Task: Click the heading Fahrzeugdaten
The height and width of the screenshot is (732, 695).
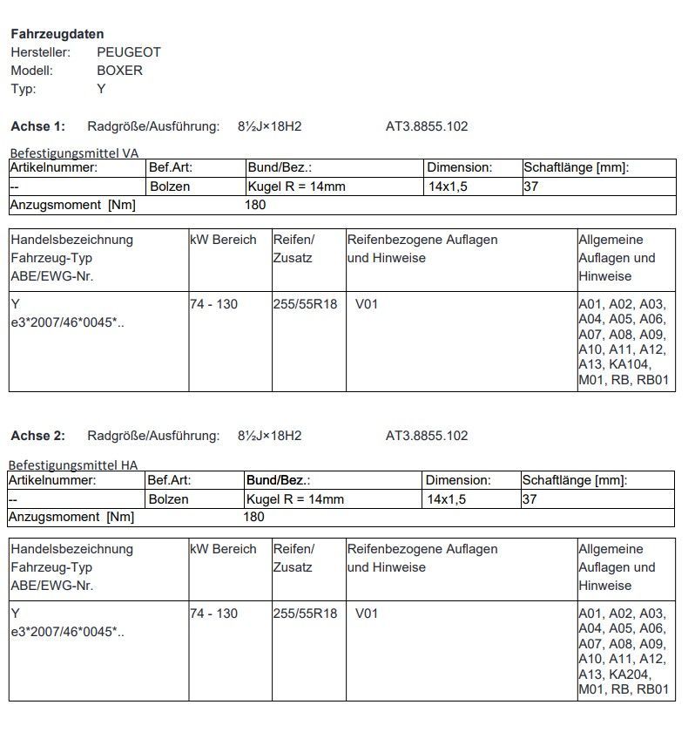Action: pos(57,34)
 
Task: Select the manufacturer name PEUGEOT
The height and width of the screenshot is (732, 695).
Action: pos(129,52)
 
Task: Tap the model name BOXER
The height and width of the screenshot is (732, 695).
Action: pos(119,71)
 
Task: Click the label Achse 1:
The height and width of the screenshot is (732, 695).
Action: pos(37,126)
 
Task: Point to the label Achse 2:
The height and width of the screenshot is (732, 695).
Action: pos(37,436)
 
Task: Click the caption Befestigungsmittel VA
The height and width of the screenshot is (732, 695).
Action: pos(74,152)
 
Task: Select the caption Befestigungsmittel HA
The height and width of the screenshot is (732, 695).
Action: pos(73,465)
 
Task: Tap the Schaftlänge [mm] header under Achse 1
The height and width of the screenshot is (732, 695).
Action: pos(576,167)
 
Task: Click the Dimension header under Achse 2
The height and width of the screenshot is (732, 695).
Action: pos(458,480)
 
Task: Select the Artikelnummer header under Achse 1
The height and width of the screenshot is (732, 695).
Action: pos(54,167)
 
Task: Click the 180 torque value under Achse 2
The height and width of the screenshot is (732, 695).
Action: pos(253,517)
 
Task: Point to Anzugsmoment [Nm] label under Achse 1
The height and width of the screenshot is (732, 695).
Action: pos(72,205)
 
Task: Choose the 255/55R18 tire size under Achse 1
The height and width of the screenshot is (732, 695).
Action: pos(305,304)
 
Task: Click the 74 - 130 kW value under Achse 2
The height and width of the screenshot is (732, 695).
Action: pos(213,613)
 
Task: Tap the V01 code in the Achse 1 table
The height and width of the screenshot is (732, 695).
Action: pos(367,304)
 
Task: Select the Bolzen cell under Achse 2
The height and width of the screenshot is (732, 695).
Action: pos(168,499)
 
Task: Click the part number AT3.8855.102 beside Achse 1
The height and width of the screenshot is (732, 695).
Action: pos(427,126)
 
